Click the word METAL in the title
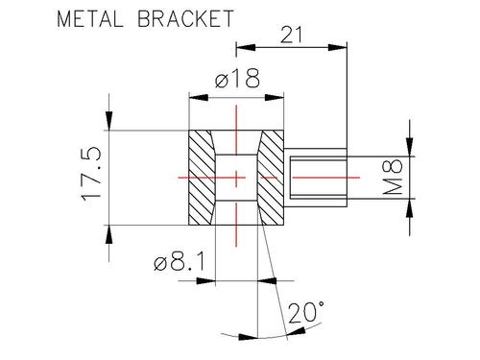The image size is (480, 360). pyautogui.click(x=90, y=19)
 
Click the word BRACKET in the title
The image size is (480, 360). pyautogui.click(x=186, y=19)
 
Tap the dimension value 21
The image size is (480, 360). pyautogui.click(x=291, y=35)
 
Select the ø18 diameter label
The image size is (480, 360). pyautogui.click(x=237, y=79)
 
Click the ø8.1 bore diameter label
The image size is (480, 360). pyautogui.click(x=179, y=261)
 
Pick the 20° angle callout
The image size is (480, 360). pyautogui.click(x=306, y=313)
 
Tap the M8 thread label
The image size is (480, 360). pyautogui.click(x=393, y=177)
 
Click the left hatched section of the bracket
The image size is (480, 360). pyautogui.click(x=202, y=178)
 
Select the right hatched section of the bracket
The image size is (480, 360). pyautogui.click(x=271, y=178)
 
